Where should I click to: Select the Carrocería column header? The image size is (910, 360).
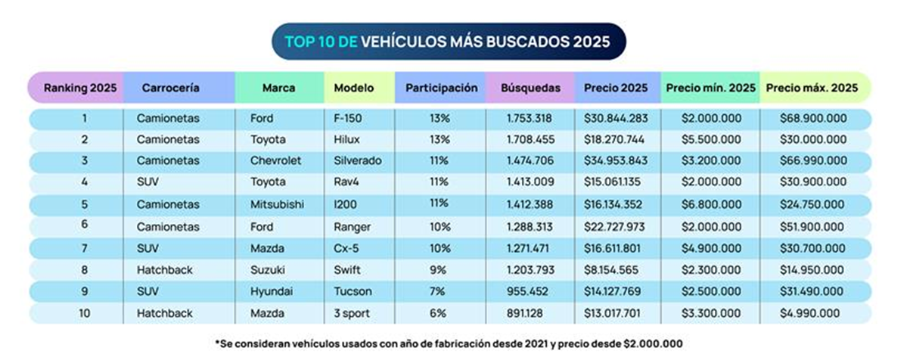170,88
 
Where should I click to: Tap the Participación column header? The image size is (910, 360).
442,88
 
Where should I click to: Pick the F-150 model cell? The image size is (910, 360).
347,119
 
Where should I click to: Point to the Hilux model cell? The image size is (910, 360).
346,140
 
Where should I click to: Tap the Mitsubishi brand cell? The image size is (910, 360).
275,205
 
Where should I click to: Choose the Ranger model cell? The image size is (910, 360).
350,226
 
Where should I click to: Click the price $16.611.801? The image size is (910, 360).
615,247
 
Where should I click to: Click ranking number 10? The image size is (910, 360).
85,312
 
